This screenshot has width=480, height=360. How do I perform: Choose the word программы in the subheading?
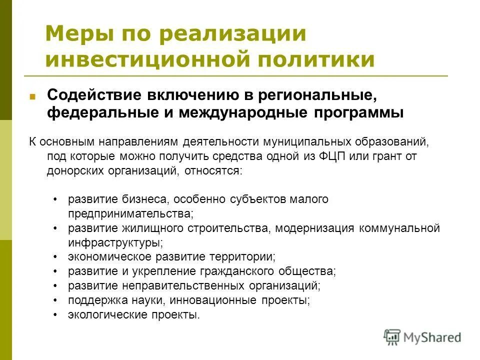tap(358, 112)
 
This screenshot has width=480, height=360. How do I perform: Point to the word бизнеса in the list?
tap(146, 199)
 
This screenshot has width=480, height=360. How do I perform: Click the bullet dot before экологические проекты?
tap(55, 315)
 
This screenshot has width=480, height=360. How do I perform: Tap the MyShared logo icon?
tap(392, 337)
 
